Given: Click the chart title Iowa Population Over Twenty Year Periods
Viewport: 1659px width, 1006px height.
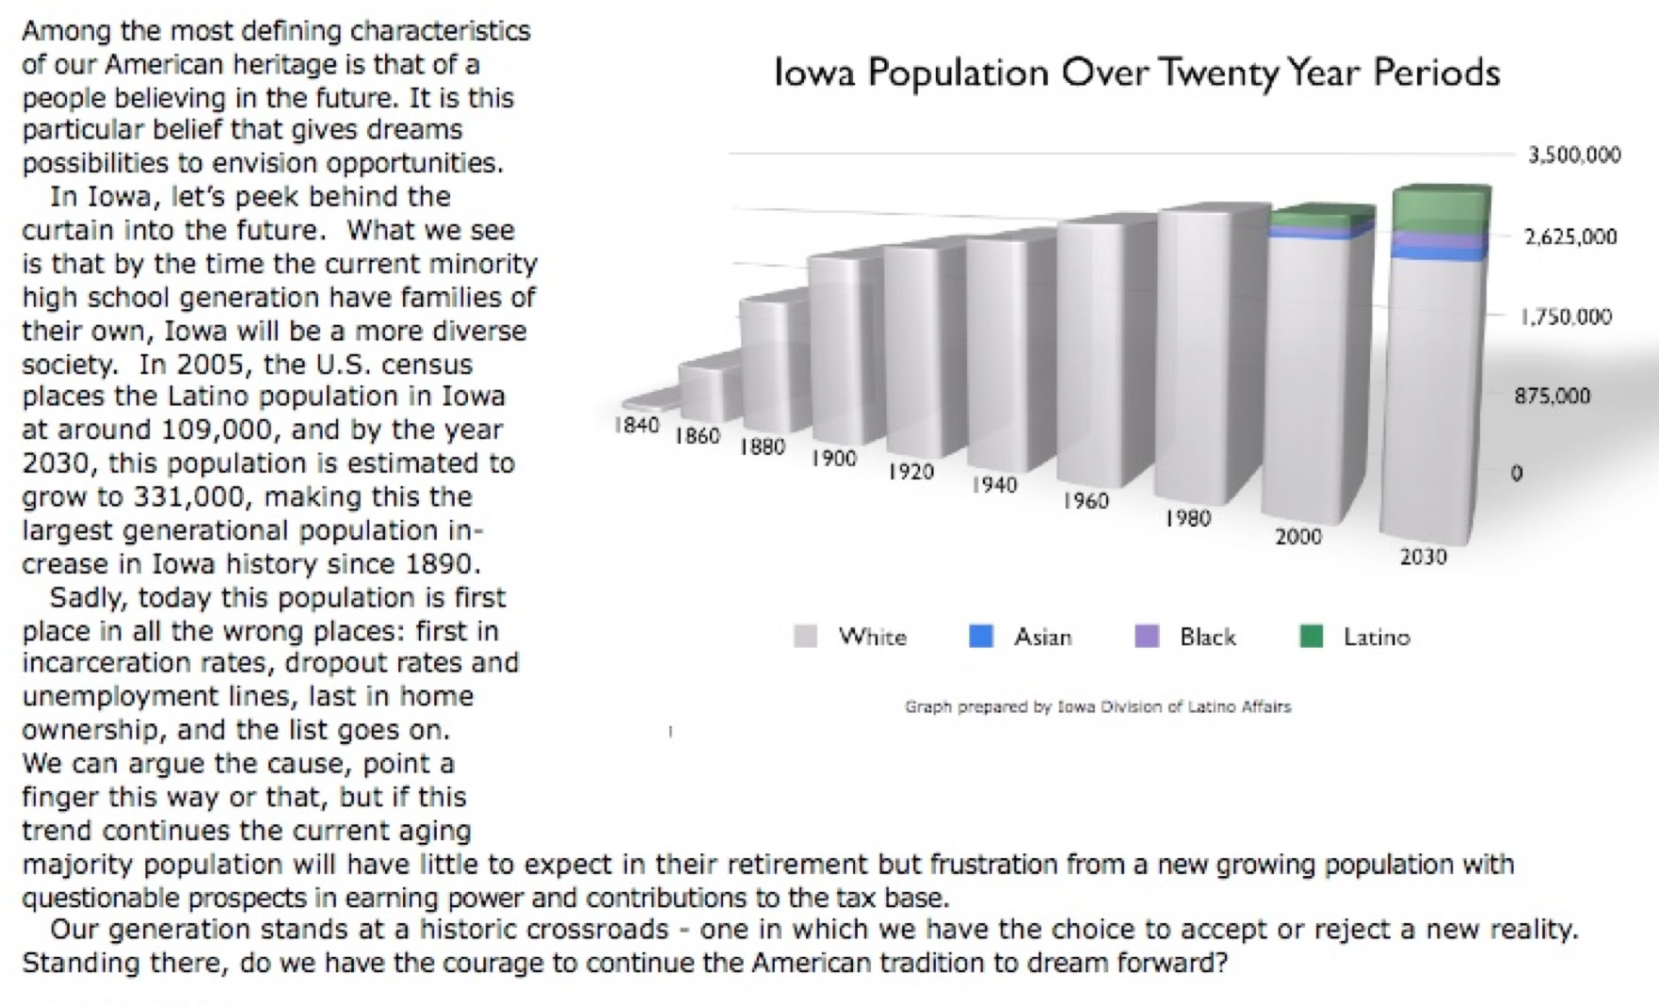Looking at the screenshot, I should pyautogui.click(x=1136, y=73).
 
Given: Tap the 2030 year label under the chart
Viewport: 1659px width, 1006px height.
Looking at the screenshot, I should pyautogui.click(x=1423, y=557).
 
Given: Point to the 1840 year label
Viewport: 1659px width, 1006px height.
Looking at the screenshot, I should pyautogui.click(x=636, y=425).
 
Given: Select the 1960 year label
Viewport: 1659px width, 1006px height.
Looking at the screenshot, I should pyautogui.click(x=1086, y=501).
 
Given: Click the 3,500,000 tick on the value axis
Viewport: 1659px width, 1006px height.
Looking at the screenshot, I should pyautogui.click(x=1573, y=154).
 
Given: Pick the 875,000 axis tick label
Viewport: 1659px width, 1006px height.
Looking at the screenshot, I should pyautogui.click(x=1552, y=396).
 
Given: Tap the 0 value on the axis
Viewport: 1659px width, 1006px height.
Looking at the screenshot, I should pyautogui.click(x=1516, y=473).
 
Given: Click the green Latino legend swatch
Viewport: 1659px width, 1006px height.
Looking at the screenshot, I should pyautogui.click(x=1312, y=637).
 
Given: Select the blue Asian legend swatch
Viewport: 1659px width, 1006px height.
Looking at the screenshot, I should pyautogui.click(x=981, y=637).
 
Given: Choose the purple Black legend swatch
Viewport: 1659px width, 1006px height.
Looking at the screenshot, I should pyautogui.click(x=1147, y=637).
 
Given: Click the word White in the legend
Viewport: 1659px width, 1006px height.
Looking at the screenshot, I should pyautogui.click(x=872, y=638).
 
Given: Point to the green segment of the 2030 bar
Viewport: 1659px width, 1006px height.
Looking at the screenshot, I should pyautogui.click(x=1441, y=209).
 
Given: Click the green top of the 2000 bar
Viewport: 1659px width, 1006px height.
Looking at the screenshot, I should pyautogui.click(x=1321, y=216).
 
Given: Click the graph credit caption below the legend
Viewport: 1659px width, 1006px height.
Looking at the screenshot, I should pyautogui.click(x=1098, y=706).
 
